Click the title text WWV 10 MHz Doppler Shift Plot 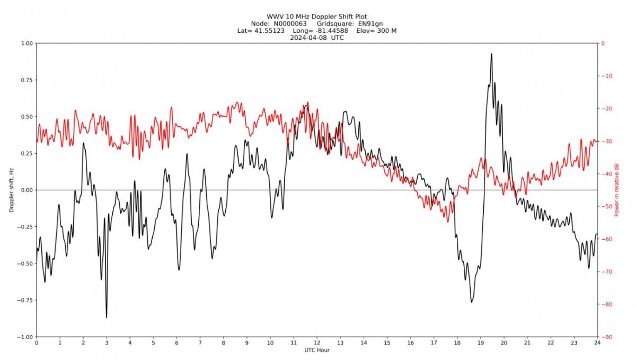(x=317, y=16)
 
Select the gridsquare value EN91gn (x=370, y=24)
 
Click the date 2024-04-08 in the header (x=311, y=38)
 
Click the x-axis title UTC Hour (x=317, y=350)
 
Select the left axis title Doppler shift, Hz (x=12, y=190)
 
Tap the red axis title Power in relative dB (x=617, y=190)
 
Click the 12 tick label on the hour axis (x=317, y=343)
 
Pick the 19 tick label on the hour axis (x=480, y=343)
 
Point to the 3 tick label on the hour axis (x=107, y=343)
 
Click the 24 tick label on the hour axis (x=597, y=343)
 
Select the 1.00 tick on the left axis (x=26, y=43)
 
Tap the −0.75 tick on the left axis (x=24, y=300)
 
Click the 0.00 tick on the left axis (x=26, y=190)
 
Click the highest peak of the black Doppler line (x=491, y=54)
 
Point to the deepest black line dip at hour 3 (x=107, y=317)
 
